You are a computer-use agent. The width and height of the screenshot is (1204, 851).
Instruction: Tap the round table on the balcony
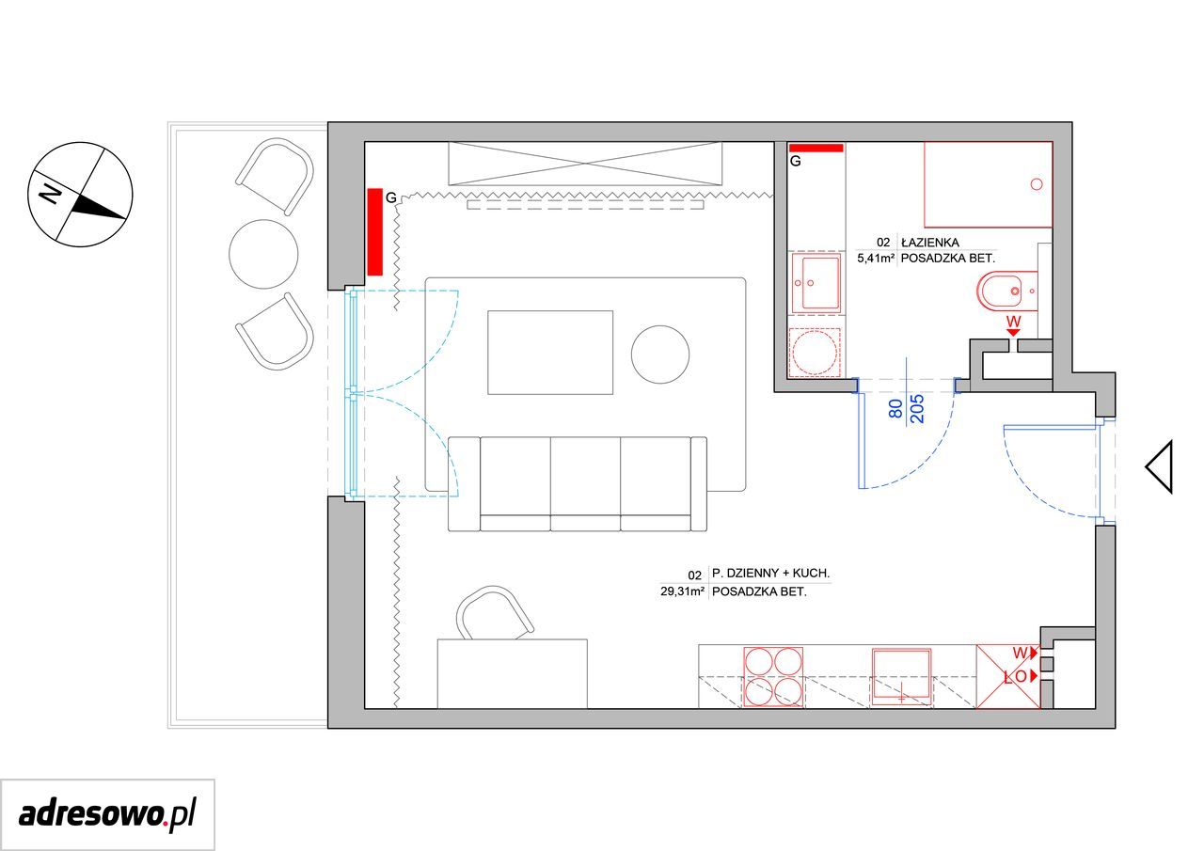(x=263, y=254)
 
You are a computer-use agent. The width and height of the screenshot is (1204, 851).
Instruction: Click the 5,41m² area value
(x=876, y=259)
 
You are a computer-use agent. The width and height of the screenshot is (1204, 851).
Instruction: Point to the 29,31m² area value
(x=683, y=592)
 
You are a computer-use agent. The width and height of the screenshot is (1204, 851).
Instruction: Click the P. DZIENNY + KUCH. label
(x=770, y=574)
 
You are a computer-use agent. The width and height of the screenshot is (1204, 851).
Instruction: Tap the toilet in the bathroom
(x=1006, y=292)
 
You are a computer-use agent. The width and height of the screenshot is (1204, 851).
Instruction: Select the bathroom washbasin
(x=816, y=283)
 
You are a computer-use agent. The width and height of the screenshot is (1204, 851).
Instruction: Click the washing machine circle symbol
(x=815, y=353)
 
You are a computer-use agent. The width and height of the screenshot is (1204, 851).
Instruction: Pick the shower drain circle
(x=1037, y=184)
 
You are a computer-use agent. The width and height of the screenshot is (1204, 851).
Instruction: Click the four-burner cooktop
(x=773, y=677)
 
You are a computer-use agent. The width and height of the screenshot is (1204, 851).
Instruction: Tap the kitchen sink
(x=901, y=677)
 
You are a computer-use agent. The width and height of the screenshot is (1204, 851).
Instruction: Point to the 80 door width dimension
(x=895, y=409)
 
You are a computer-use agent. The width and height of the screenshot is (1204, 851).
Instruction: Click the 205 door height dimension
(x=917, y=409)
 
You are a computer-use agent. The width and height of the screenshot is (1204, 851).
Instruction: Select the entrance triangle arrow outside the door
(x=1159, y=466)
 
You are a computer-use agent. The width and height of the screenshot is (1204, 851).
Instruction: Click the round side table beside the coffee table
(x=660, y=355)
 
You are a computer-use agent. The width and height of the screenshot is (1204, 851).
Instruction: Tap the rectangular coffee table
(x=550, y=353)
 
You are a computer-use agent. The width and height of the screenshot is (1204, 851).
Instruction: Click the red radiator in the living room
(x=374, y=232)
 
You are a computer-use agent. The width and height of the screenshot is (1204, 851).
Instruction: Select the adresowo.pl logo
(x=107, y=815)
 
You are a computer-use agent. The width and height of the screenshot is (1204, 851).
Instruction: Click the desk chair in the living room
(x=495, y=613)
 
